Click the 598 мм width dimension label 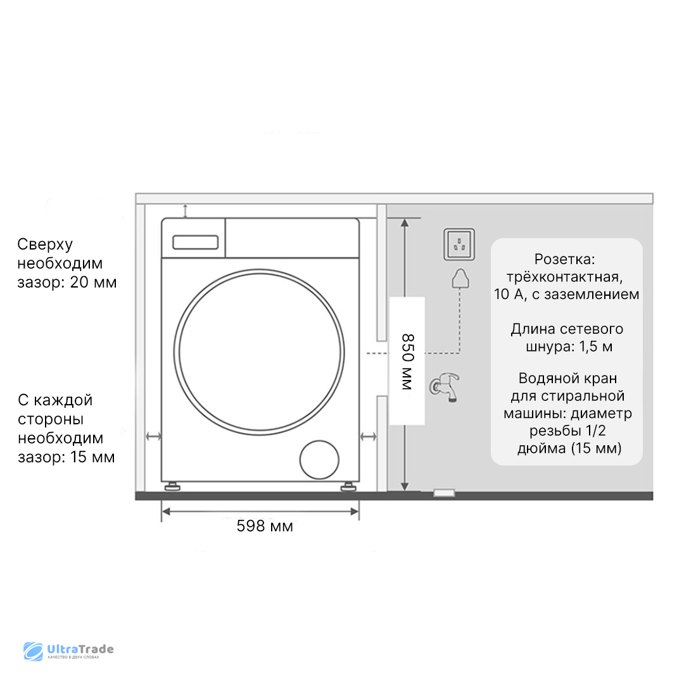pyautogui.click(x=265, y=526)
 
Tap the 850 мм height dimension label pyautogui.click(x=406, y=362)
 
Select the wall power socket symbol pyautogui.click(x=459, y=244)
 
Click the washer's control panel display pyautogui.click(x=196, y=241)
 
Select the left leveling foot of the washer pyautogui.click(x=172, y=488)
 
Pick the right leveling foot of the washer pyautogui.click(x=347, y=488)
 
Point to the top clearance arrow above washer pyautogui.click(x=185, y=211)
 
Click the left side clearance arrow pyautogui.click(x=153, y=436)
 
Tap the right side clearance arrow pyautogui.click(x=368, y=436)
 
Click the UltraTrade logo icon pyautogui.click(x=33, y=652)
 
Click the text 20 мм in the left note pyautogui.click(x=93, y=282)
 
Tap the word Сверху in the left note pyautogui.click(x=45, y=244)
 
